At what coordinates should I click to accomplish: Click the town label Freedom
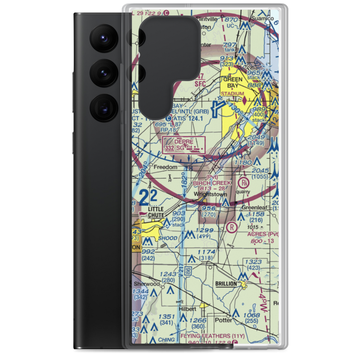[x=166, y=167]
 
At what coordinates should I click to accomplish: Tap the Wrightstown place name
[x=210, y=194]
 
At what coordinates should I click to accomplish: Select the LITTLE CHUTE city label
[x=156, y=212]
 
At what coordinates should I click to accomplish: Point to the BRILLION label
[x=226, y=284]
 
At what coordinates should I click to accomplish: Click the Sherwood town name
[x=147, y=284]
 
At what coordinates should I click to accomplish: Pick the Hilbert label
[x=188, y=309]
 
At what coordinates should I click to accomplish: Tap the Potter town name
[x=222, y=319]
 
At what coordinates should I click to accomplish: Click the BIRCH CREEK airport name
[x=212, y=183]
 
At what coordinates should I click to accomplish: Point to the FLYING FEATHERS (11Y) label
[x=213, y=336]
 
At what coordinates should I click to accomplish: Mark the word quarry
[x=243, y=192]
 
